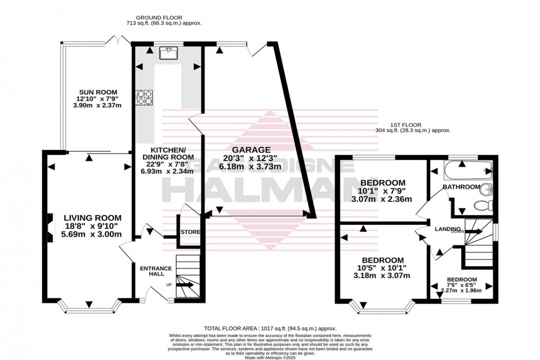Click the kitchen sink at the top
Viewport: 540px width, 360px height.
click(x=167, y=53)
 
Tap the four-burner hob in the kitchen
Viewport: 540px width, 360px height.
click(x=144, y=98)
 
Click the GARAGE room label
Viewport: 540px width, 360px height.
click(x=251, y=149)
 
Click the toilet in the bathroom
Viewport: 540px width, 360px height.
click(x=482, y=206)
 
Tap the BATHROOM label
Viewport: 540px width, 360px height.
click(x=462, y=187)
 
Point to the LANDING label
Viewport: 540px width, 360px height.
click(x=447, y=229)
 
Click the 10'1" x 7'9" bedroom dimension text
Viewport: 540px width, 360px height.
click(x=382, y=191)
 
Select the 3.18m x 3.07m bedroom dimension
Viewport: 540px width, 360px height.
click(x=382, y=276)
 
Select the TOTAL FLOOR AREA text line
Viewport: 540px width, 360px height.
click(x=269, y=327)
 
